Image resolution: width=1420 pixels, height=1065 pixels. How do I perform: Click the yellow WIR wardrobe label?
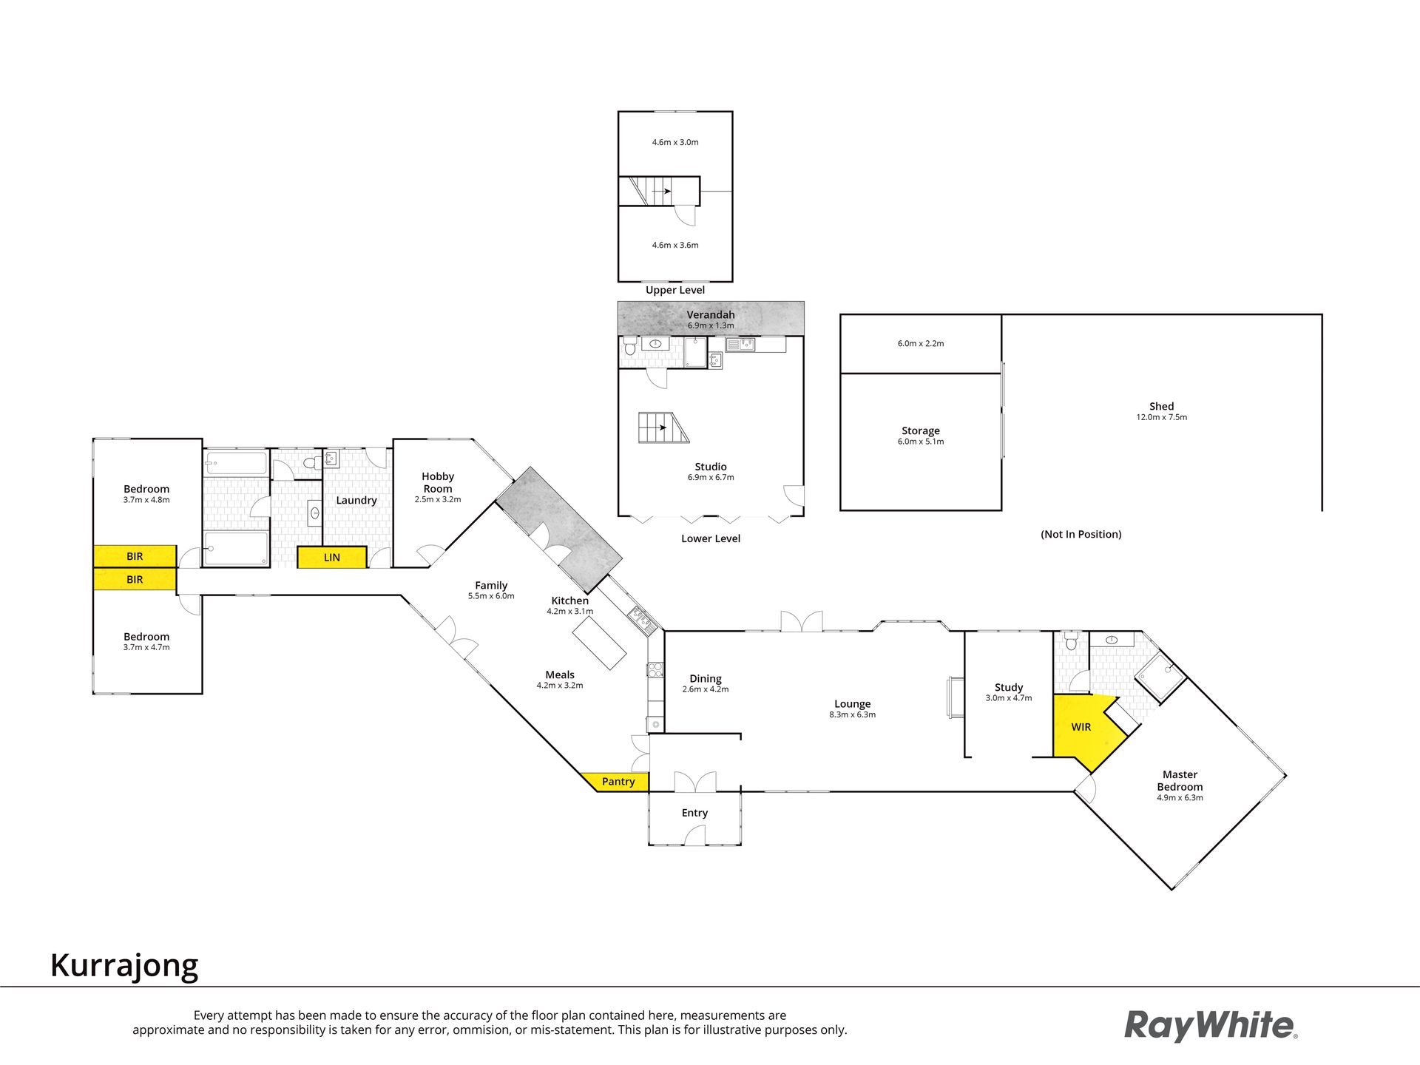click(1081, 727)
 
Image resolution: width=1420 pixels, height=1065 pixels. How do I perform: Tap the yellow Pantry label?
click(618, 782)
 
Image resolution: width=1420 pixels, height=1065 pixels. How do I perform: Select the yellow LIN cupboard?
click(332, 557)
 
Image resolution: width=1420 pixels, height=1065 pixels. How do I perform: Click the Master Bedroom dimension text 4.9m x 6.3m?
click(1180, 798)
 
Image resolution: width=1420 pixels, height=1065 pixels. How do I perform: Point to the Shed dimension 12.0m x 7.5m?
click(1161, 417)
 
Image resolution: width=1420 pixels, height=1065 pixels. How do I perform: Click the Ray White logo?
click(1211, 1026)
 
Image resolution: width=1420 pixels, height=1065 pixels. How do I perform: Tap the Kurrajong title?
click(124, 966)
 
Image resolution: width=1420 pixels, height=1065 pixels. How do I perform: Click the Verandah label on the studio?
click(711, 314)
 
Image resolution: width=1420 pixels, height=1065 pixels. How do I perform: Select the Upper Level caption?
click(675, 290)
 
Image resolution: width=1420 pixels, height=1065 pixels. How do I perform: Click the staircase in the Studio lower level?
click(663, 427)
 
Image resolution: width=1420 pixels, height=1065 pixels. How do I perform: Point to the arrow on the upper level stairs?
click(661, 192)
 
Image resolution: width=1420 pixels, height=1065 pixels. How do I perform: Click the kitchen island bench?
click(599, 643)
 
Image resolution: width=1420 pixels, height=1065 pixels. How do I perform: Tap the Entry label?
click(694, 813)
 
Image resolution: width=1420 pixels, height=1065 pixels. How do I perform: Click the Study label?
click(1009, 687)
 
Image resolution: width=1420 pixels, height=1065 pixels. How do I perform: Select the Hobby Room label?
click(438, 482)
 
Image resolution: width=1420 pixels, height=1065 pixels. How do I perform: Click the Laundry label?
click(356, 500)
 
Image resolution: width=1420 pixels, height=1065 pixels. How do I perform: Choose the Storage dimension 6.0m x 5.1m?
click(921, 442)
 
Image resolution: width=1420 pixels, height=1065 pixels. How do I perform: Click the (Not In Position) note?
click(1081, 534)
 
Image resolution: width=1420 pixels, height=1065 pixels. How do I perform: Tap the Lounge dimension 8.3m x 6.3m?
click(853, 715)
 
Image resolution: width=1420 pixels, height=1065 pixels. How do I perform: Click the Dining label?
click(706, 678)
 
